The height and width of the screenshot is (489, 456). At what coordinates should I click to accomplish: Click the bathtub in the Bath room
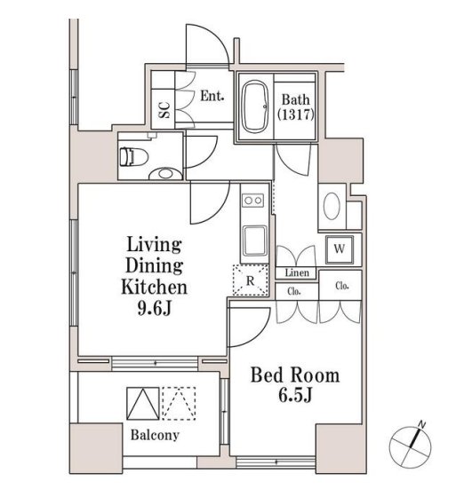click(255, 106)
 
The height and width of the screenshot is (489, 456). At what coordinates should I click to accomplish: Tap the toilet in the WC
click(133, 157)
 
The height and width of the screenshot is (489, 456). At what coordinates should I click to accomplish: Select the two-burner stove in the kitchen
click(253, 201)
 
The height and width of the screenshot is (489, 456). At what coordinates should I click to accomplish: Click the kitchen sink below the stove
click(255, 241)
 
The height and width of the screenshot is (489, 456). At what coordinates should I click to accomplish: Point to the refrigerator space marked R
click(251, 280)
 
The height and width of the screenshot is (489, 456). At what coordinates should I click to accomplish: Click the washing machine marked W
click(340, 249)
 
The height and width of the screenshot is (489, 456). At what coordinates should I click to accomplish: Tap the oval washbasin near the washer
click(332, 206)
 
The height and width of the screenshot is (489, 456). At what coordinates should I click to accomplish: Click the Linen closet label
click(297, 272)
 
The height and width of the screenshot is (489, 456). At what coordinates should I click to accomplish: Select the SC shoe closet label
click(164, 110)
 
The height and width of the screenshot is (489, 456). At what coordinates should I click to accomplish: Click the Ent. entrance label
click(212, 96)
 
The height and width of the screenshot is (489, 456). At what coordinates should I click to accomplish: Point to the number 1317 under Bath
click(296, 114)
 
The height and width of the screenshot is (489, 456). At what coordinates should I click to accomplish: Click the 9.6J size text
click(155, 309)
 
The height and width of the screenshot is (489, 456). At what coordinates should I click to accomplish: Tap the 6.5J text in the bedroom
click(295, 396)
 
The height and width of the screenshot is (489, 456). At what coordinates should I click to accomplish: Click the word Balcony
click(155, 435)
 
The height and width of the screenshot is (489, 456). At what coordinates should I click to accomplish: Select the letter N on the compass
click(421, 424)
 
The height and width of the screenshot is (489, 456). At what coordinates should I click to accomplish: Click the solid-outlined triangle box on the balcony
click(143, 403)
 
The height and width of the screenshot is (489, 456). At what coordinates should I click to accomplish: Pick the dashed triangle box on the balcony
click(179, 403)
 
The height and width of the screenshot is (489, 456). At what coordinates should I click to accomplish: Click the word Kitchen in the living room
click(155, 287)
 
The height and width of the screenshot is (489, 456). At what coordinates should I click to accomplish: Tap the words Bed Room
click(295, 375)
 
